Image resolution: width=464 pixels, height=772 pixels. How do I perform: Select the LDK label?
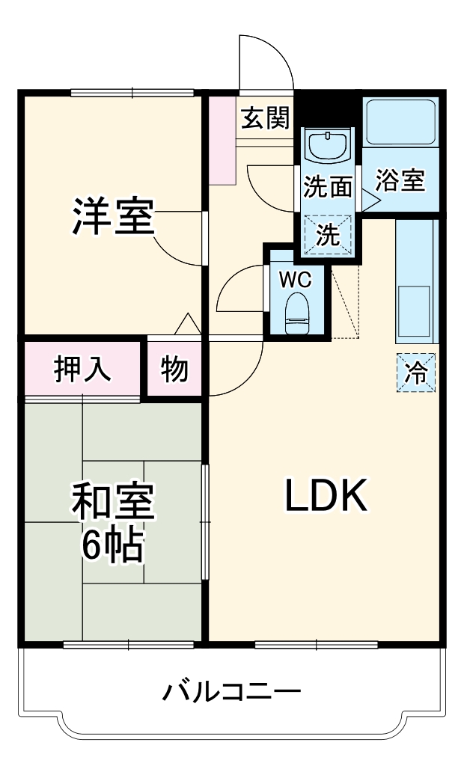click(326, 495)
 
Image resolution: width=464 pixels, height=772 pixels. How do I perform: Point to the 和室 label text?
click(113, 503)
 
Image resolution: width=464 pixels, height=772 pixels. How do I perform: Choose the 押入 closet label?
click(82, 368)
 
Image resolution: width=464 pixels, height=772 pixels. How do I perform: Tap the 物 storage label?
click(174, 368)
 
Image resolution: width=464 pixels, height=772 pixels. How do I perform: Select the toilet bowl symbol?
click(297, 313)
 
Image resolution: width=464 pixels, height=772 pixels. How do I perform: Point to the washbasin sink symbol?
click(328, 145)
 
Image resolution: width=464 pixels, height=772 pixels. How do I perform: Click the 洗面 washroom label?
click(327, 186)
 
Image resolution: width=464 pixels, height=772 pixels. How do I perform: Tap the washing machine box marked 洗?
click(327, 235)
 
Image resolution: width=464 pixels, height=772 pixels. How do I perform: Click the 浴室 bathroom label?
click(400, 180)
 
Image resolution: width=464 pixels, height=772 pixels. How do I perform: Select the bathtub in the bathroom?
click(400, 121)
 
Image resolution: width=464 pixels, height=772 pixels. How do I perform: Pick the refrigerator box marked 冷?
click(415, 372)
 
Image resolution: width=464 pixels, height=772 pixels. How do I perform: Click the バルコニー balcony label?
click(232, 690)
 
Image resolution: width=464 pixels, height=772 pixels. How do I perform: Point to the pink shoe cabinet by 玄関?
click(222, 140)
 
